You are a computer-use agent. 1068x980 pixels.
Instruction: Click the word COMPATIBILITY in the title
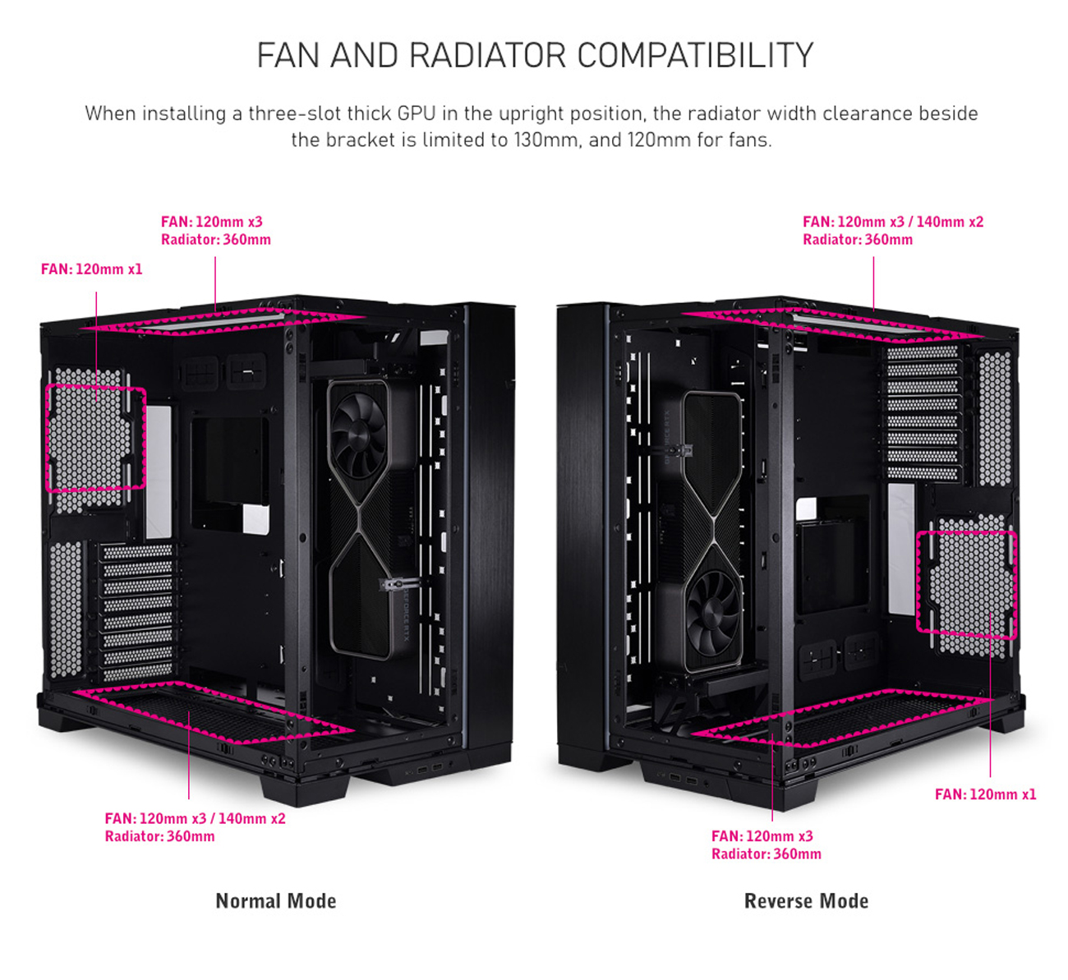pos(695,56)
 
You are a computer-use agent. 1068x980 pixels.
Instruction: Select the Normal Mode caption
pos(276,901)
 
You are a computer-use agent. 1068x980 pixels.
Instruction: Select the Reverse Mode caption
pos(806,901)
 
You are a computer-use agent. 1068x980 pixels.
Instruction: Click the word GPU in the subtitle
pos(417,113)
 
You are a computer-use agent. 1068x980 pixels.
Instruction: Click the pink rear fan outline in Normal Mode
pos(95,439)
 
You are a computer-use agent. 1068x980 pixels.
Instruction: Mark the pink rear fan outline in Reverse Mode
pos(966,584)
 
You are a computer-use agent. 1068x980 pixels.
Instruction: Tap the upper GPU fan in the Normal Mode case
pos(359,429)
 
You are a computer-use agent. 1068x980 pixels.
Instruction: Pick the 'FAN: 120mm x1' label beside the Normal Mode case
pos(91,269)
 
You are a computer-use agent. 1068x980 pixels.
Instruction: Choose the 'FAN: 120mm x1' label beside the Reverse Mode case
pos(985,794)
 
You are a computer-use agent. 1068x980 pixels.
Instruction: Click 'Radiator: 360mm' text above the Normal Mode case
pos(215,240)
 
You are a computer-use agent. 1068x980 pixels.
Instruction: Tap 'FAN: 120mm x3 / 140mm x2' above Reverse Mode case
pos(892,222)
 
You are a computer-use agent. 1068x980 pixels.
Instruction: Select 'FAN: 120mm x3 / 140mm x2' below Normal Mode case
pos(195,819)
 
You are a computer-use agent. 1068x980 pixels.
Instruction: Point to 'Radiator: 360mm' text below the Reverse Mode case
pos(766,854)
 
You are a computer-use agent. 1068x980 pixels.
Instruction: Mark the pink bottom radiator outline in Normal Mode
pos(214,711)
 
